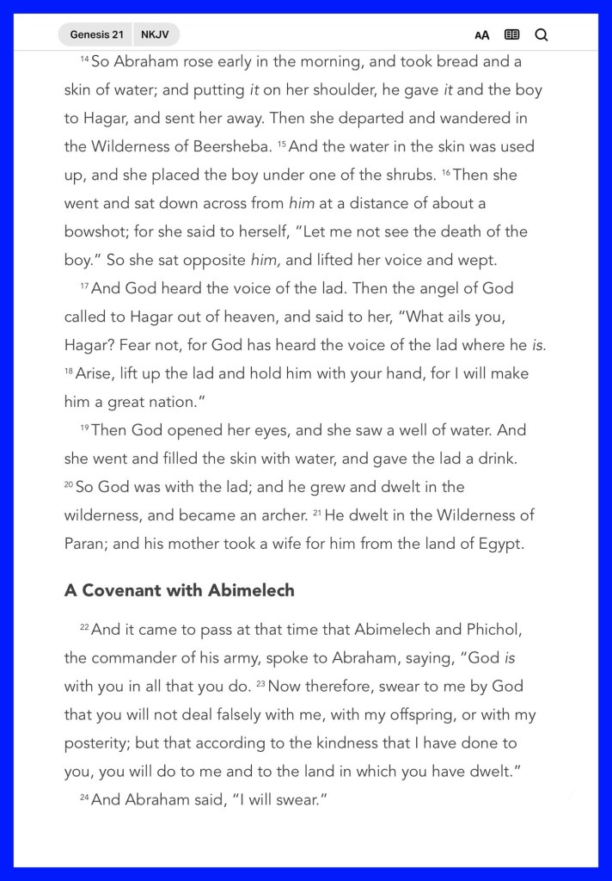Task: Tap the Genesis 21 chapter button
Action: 96,35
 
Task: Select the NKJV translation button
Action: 156,35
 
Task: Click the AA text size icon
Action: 482,35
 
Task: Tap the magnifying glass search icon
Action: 542,35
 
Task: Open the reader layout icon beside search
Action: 512,35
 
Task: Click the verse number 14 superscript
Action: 84,59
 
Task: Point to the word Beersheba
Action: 231,146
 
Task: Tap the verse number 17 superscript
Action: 84,285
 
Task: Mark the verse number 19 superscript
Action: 84,427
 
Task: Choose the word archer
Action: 278,515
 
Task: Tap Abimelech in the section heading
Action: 251,591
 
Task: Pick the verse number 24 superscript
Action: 84,798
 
